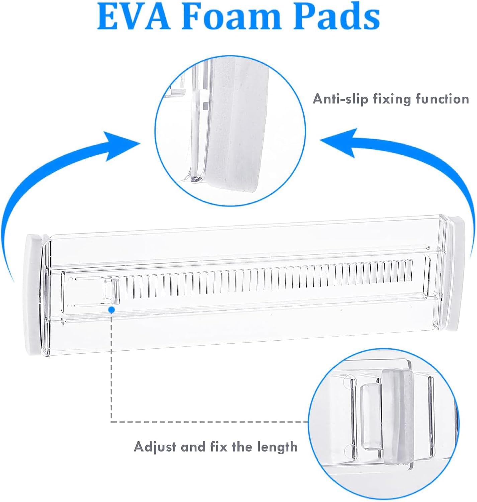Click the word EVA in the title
(133, 16)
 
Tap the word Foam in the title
(231, 16)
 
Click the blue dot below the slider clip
(111, 310)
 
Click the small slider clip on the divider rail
(111, 291)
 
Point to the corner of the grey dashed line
(111, 421)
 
